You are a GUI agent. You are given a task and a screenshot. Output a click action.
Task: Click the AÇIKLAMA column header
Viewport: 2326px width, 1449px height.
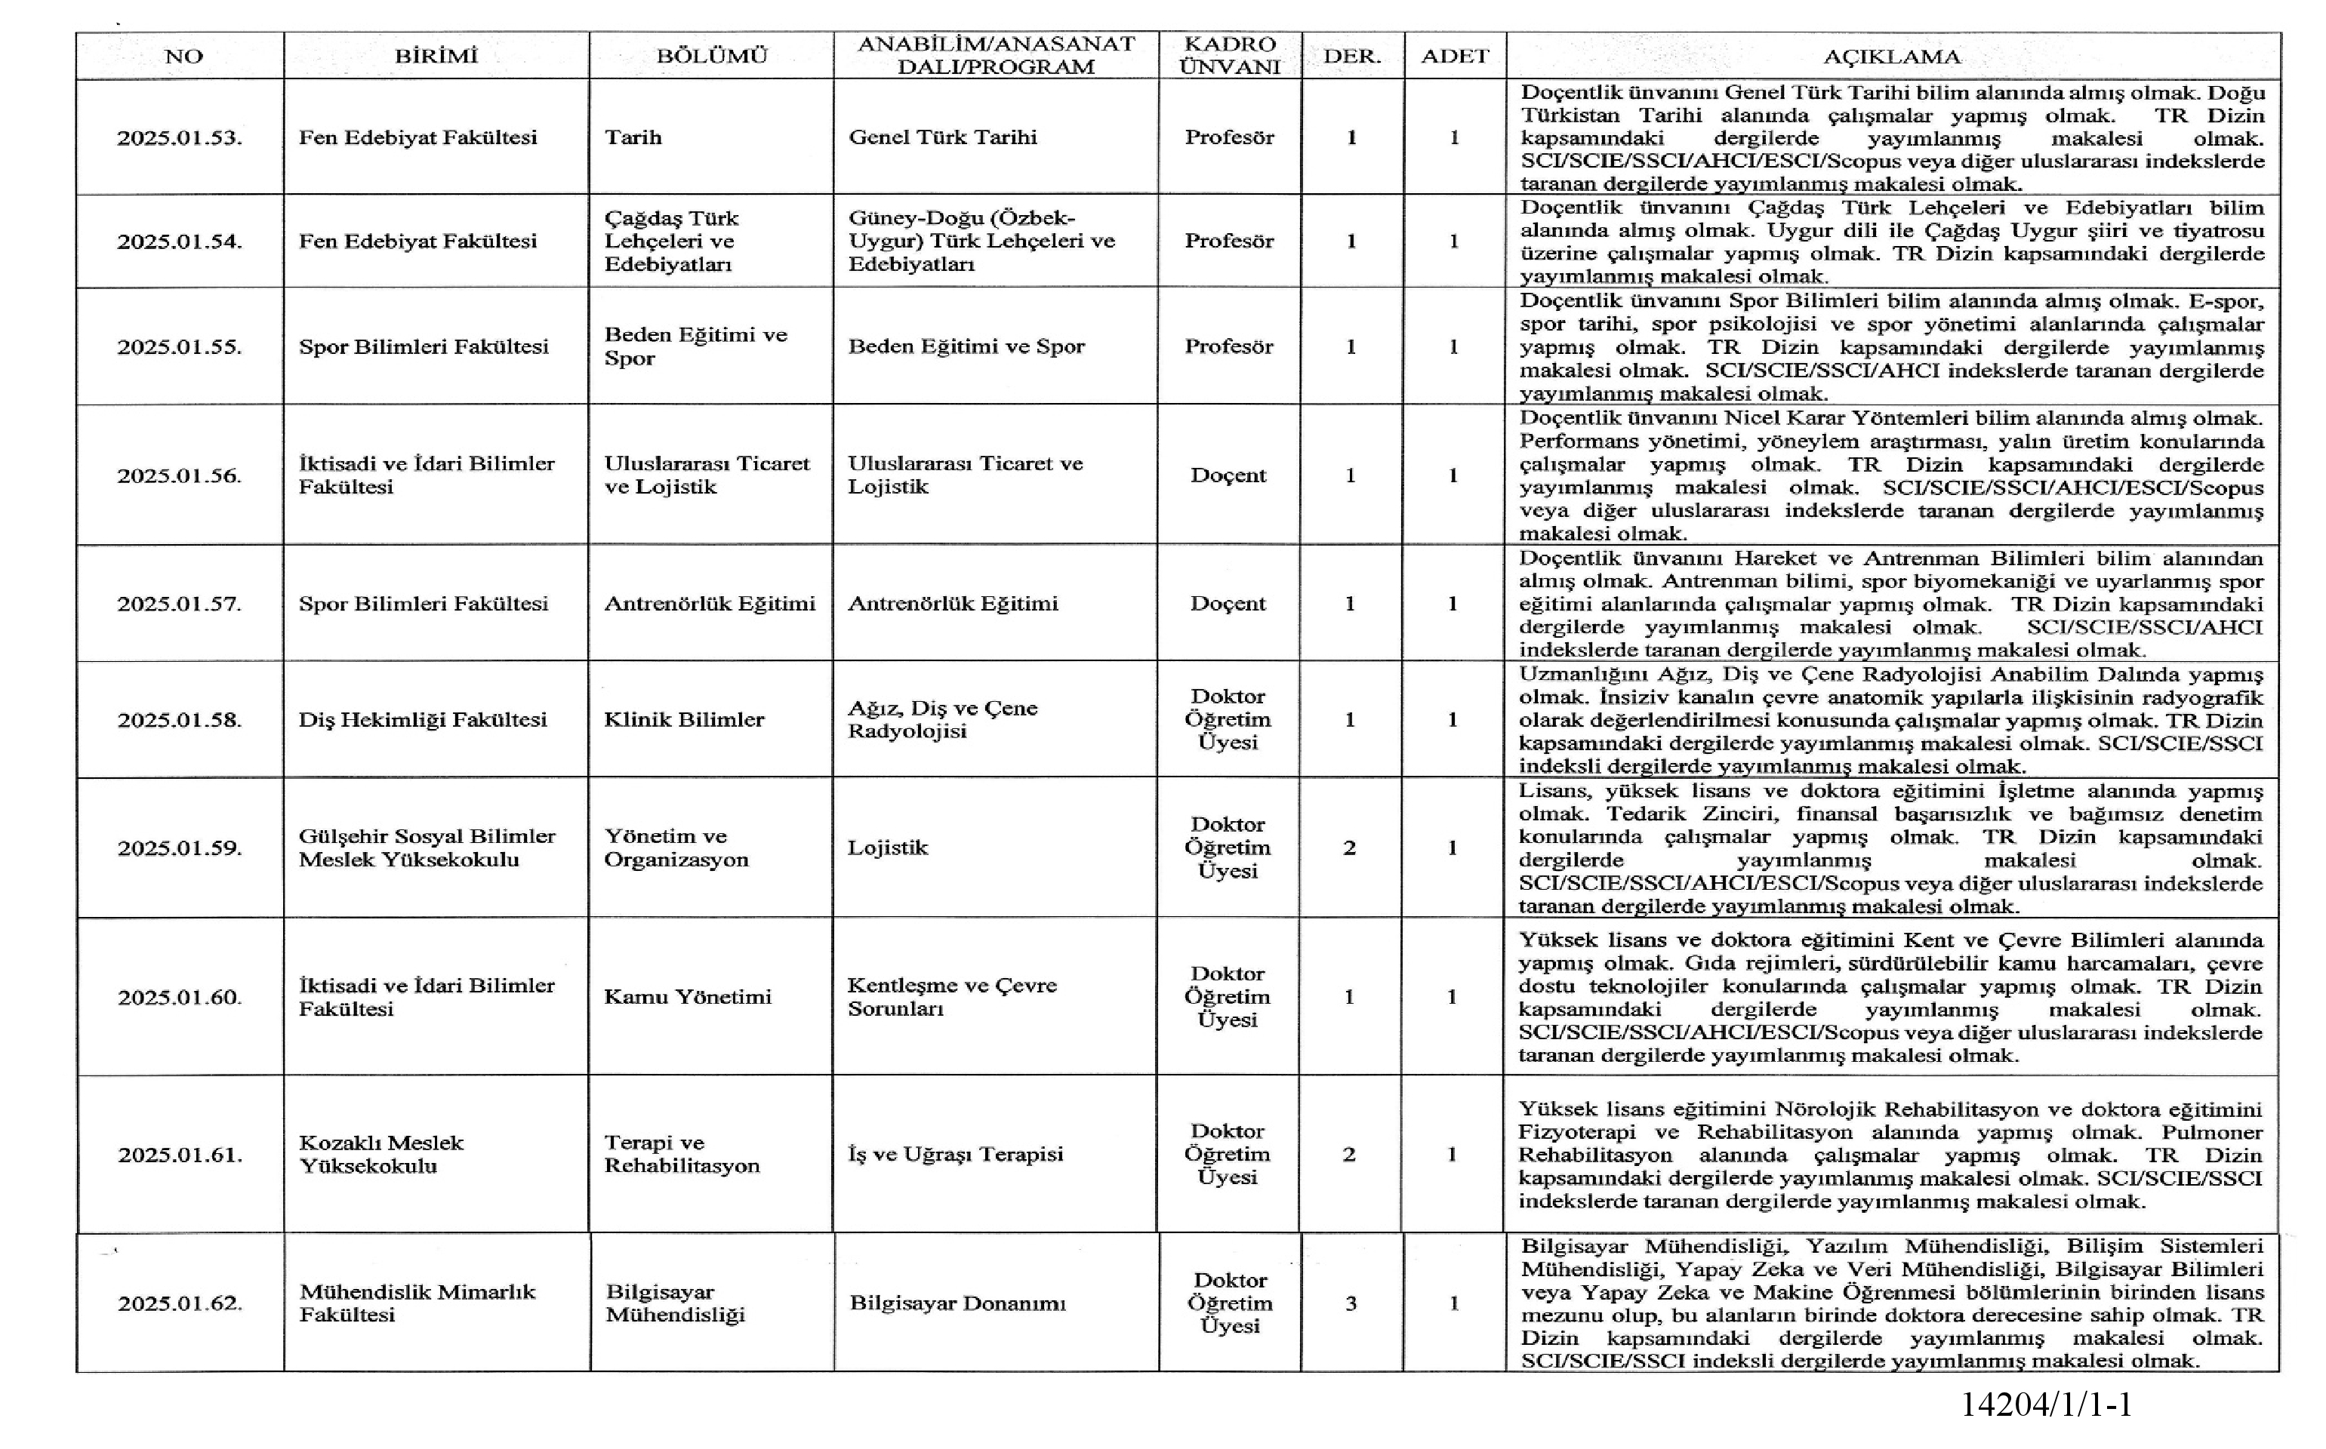1891,56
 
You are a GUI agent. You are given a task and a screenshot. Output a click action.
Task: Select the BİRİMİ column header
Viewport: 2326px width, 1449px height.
436,56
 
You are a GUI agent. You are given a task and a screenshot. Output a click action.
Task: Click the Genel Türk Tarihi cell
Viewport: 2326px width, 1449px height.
942,137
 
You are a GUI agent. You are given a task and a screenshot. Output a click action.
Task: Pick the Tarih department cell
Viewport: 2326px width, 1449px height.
633,137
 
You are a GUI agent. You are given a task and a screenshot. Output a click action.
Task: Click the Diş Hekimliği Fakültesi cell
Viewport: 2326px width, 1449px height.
423,720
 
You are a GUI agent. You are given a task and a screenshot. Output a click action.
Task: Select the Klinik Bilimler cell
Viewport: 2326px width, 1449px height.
683,720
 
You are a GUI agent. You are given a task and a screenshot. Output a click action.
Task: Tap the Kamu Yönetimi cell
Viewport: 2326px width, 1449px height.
687,997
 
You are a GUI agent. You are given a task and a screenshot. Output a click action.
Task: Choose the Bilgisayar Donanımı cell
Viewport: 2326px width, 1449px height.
957,1303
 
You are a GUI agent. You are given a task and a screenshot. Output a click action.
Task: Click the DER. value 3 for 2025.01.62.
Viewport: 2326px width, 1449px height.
1351,1303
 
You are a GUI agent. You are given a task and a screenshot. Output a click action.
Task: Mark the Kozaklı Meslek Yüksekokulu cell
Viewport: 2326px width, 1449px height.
381,1154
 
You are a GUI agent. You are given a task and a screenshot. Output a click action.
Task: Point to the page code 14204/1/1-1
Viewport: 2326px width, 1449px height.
2045,1405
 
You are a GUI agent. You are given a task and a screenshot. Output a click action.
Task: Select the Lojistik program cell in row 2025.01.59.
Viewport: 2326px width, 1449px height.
888,848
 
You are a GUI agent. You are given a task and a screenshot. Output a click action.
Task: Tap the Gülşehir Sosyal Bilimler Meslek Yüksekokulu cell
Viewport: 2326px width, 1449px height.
427,848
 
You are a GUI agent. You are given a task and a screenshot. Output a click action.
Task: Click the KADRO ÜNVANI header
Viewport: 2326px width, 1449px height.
1230,56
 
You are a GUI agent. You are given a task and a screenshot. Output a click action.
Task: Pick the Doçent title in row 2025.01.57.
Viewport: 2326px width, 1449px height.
1228,604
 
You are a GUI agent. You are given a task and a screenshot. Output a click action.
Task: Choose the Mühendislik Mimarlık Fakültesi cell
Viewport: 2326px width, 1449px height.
417,1303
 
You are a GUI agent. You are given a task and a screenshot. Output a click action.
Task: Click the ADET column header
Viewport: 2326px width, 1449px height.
1454,56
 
